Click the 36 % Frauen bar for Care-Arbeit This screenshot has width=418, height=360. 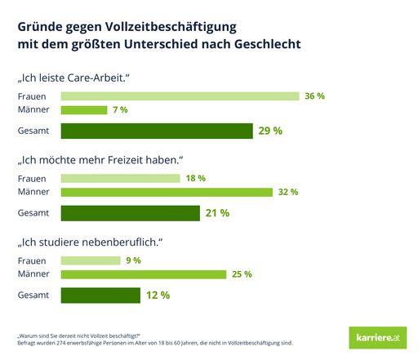[x=180, y=96]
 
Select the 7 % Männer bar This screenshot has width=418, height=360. [x=84, y=109]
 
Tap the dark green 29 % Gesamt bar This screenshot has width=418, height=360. [x=157, y=131]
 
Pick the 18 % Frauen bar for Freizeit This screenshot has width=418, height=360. [x=120, y=178]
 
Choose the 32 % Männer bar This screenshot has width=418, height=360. [x=167, y=192]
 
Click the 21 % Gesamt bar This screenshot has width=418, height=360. [x=131, y=213]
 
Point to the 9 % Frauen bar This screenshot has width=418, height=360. [x=90, y=260]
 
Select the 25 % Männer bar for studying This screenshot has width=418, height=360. [x=144, y=274]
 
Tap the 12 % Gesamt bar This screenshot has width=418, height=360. [x=100, y=295]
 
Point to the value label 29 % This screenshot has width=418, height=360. [x=270, y=131]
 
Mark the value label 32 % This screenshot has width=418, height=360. [x=288, y=192]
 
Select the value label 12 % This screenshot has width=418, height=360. [x=158, y=295]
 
